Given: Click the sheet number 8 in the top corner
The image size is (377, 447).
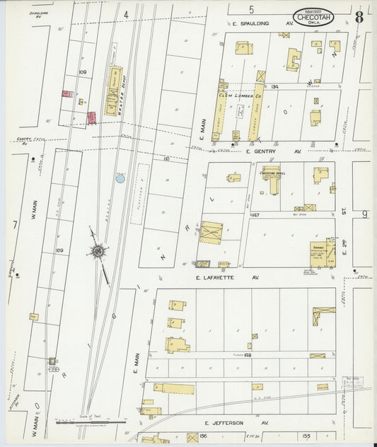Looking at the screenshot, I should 359,17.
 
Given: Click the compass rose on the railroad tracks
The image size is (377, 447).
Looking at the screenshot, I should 97,250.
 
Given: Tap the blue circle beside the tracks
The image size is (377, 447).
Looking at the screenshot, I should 120,179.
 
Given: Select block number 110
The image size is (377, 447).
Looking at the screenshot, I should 166,160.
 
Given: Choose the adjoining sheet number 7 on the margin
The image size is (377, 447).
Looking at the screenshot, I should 13,224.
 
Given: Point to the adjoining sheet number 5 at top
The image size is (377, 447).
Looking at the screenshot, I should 250,10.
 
